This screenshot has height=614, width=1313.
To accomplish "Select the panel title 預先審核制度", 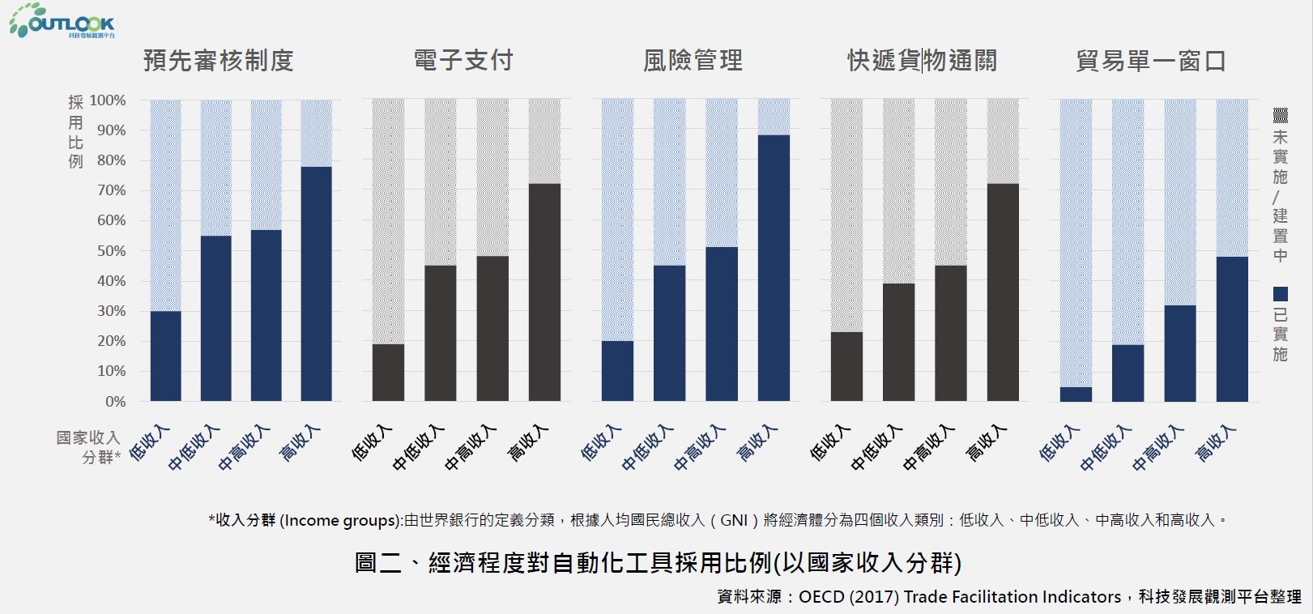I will click(x=218, y=61).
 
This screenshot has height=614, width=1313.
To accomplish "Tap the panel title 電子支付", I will click(x=463, y=61).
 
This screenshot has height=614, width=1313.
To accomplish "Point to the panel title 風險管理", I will click(x=693, y=61).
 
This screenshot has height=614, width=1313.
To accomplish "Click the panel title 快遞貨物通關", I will click(x=922, y=61).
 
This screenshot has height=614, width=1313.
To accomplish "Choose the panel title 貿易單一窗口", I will click(x=1151, y=61).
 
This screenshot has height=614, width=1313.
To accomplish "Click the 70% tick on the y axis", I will click(x=111, y=190).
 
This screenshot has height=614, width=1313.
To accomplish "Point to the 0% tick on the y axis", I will click(x=116, y=402).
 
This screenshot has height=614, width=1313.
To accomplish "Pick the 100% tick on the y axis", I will click(x=108, y=100).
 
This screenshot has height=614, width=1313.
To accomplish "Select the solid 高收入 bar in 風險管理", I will click(x=774, y=267).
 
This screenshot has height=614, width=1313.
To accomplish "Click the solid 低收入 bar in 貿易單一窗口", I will click(x=1076, y=394).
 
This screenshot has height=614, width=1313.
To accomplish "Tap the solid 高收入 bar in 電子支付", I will click(x=544, y=292).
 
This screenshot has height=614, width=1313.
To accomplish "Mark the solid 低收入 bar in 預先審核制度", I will click(x=165, y=356).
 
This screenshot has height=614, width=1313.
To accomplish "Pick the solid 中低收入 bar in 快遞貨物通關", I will click(x=898, y=342).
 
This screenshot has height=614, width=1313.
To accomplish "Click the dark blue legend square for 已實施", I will click(x=1281, y=294).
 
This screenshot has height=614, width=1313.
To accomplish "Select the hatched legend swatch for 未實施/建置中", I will click(x=1281, y=115).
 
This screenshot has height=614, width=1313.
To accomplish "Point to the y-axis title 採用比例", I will click(x=75, y=130).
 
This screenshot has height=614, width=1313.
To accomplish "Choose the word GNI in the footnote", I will click(x=734, y=520).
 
